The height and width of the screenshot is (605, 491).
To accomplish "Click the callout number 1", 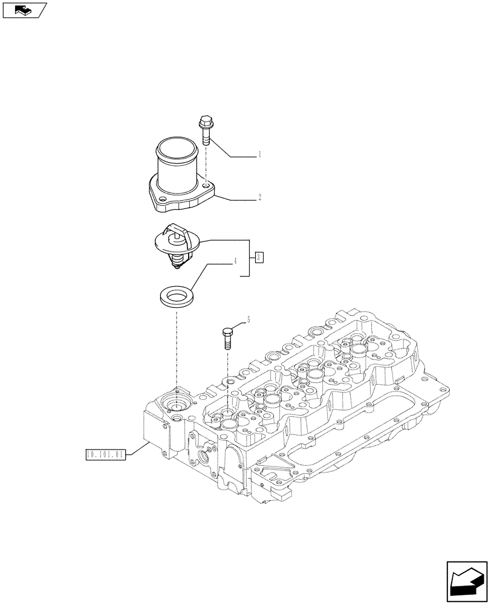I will coord(259,155).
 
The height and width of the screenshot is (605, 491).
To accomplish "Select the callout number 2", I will coord(259,197).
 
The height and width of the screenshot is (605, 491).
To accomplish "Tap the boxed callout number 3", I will coord(259,258).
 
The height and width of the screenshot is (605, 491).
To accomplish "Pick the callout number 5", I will coord(247,319).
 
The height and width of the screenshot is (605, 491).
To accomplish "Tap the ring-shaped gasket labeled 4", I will coord(175,297).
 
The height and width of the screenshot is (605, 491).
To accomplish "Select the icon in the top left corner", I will coord(24,10).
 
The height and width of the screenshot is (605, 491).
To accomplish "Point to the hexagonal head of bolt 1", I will coord(204,122).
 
